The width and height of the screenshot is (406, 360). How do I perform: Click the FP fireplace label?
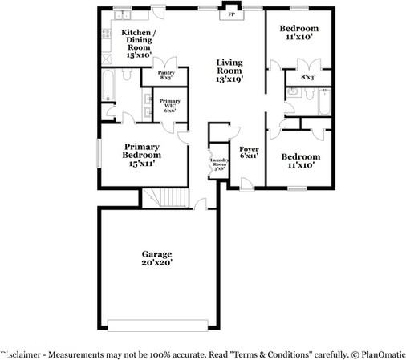[x=232, y=14]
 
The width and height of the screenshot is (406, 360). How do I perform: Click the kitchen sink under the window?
[x=124, y=17]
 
